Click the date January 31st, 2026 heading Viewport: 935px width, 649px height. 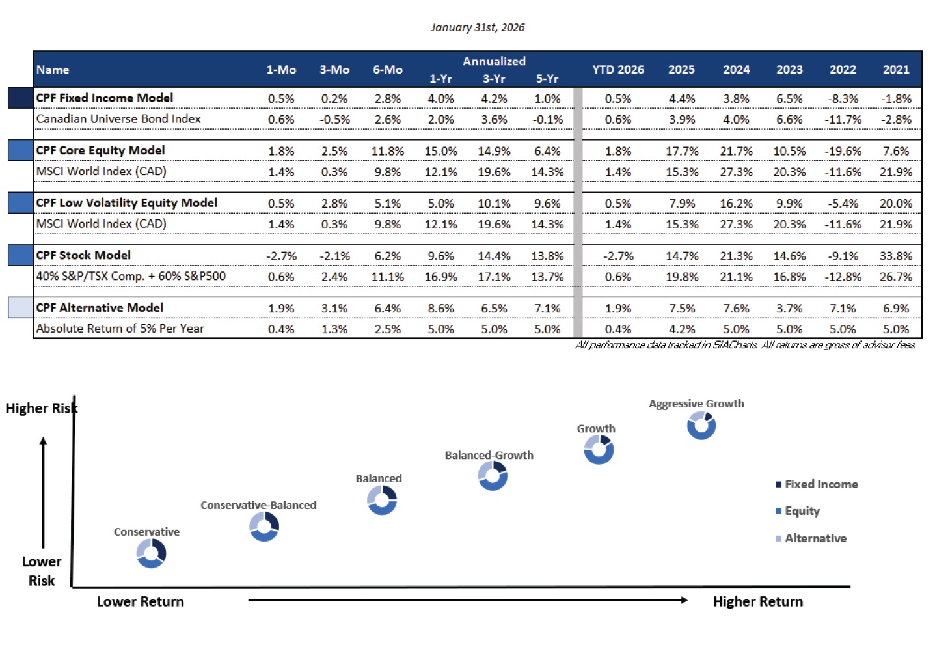[477, 27]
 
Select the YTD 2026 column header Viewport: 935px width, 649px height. [617, 70]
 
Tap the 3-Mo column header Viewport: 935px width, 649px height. [334, 70]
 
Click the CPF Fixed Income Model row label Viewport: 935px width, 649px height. [105, 98]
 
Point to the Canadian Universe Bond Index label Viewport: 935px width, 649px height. [118, 119]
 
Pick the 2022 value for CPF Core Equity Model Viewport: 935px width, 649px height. [843, 151]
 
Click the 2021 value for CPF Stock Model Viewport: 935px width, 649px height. [895, 256]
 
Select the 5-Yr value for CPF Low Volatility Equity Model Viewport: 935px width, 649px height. [547, 204]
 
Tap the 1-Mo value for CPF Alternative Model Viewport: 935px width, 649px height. [281, 309]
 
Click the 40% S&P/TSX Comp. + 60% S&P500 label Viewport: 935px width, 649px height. [131, 276]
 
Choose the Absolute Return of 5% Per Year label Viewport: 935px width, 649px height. [120, 329]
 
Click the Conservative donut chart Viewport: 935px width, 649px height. [151, 554]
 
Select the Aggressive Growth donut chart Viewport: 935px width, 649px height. [701, 426]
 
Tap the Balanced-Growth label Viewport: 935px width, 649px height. [489, 455]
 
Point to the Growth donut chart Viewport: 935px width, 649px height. [599, 450]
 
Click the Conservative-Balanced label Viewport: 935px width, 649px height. [258, 505]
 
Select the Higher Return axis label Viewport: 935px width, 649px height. [757, 601]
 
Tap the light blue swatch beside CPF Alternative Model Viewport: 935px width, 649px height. [21, 307]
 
